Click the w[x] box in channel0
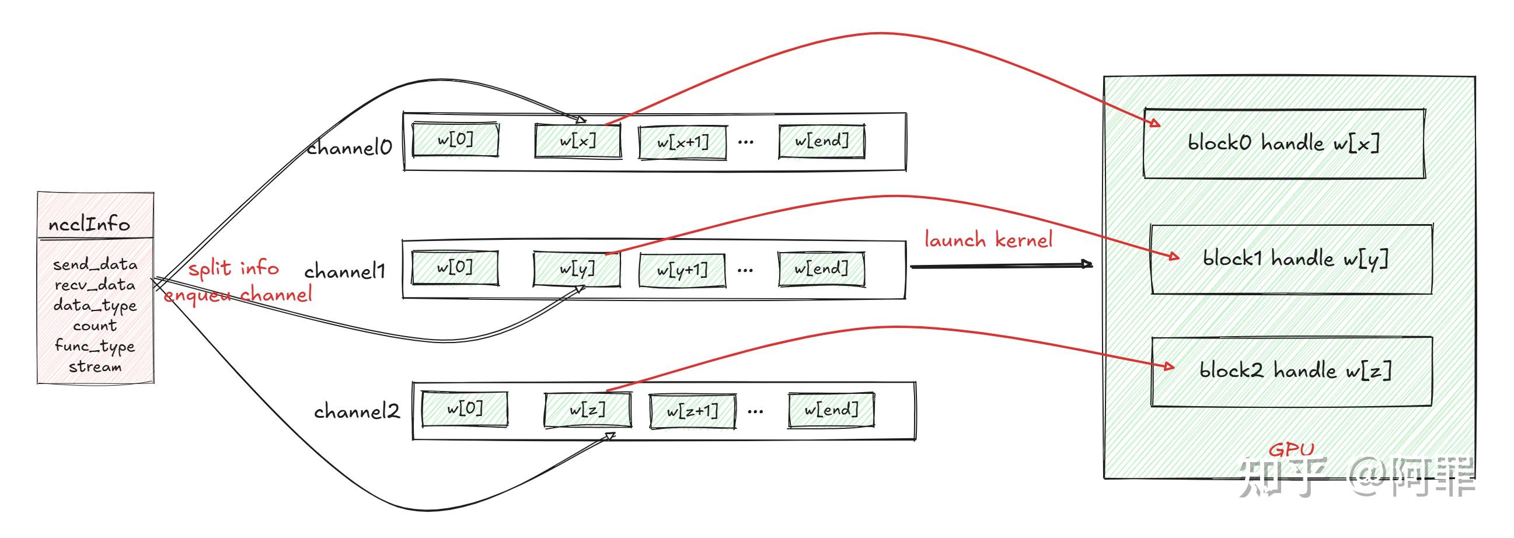(578, 141)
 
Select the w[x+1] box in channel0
(682, 142)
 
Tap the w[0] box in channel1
(455, 268)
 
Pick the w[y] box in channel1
(577, 269)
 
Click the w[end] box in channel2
(831, 410)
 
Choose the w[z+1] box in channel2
(692, 411)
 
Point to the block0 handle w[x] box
(1283, 144)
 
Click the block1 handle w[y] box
(1291, 259)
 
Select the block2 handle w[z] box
(1291, 371)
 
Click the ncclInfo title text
(89, 225)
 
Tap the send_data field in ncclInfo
(95, 264)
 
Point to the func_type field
(95, 346)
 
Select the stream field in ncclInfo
(95, 367)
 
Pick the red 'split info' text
(233, 268)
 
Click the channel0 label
(349, 148)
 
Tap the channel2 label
(357, 412)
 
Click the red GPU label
(1291, 450)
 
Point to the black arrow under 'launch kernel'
(999, 266)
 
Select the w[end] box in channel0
(822, 141)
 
